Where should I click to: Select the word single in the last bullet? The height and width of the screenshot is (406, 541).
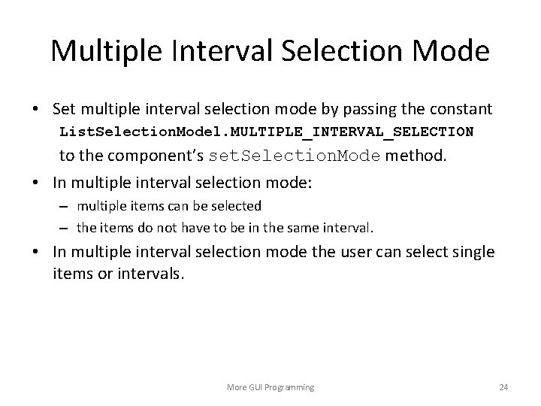pos(473,252)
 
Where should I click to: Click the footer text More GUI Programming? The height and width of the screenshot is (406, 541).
pos(270,387)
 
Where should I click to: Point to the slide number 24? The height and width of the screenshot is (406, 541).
pos(503,387)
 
